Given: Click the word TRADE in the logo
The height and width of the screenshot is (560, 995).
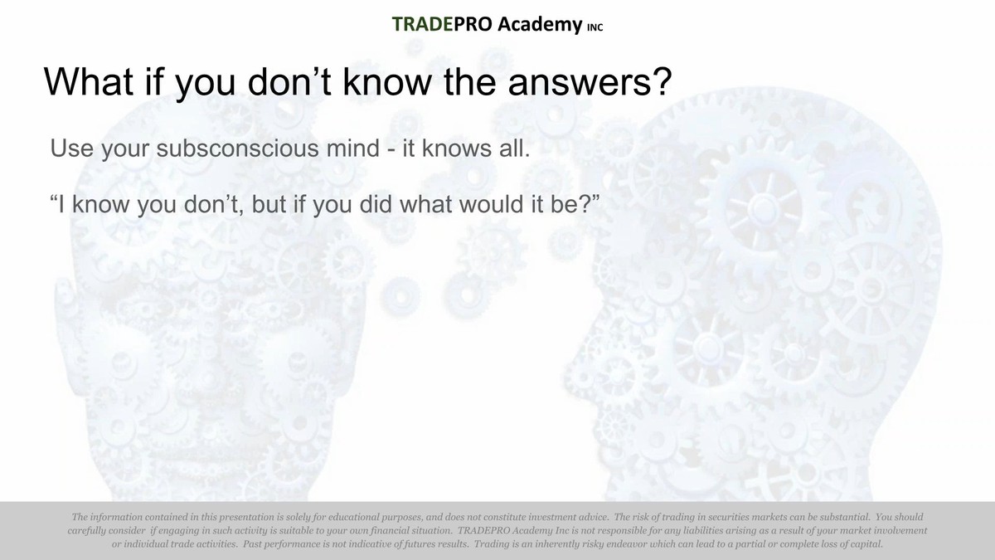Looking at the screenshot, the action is pos(422,24).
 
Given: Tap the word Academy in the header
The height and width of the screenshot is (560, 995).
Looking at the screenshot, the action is pos(540,25).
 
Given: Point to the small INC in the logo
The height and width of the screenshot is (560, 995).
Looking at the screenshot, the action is pos(595,27).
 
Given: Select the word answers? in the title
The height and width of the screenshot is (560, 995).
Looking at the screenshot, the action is pos(590,82).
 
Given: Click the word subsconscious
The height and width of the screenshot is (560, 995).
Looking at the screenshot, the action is pos(238,148).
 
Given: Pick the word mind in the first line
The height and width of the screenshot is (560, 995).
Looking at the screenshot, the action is pos(353,148).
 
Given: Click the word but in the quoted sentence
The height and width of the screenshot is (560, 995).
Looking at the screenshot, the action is pos(269,204).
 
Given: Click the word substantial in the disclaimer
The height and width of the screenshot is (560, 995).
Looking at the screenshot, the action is pos(844,517).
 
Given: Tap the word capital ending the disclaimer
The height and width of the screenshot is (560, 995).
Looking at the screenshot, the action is pos(866,544).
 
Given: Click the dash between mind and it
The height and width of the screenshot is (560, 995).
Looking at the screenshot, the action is pos(391,150).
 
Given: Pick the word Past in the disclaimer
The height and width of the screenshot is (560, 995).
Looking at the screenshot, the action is pos(252,544).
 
